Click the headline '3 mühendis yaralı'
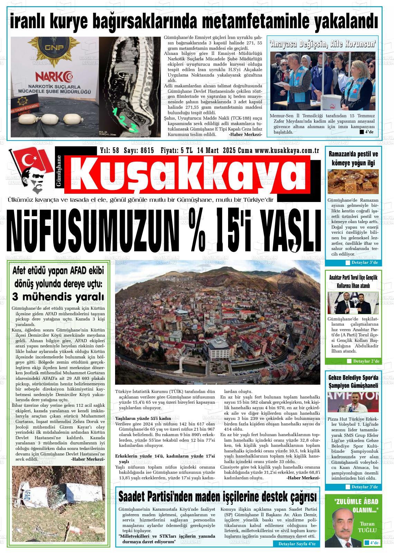58,296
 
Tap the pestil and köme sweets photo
353,182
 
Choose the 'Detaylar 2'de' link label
366,361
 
